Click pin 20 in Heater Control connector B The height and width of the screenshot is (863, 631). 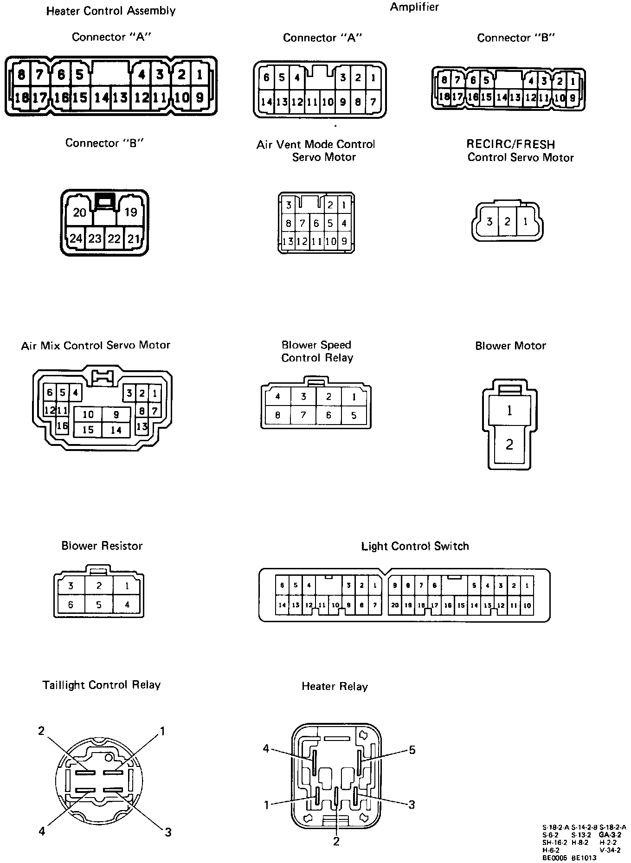pyautogui.click(x=80, y=213)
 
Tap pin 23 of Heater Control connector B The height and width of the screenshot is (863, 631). pyautogui.click(x=95, y=238)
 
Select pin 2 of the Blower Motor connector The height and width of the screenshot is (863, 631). pyautogui.click(x=509, y=444)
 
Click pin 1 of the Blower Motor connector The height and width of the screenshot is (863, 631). pyautogui.click(x=509, y=411)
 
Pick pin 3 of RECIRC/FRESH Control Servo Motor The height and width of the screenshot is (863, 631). pyautogui.click(x=489, y=222)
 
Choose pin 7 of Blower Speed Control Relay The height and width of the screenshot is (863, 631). pyautogui.click(x=303, y=415)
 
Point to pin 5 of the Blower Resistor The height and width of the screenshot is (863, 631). pyautogui.click(x=99, y=605)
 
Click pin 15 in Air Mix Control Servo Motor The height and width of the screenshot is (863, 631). pyautogui.click(x=88, y=430)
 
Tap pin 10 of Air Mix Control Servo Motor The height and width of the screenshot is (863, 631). pyautogui.click(x=88, y=414)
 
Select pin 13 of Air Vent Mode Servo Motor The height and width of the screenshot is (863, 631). pyautogui.click(x=288, y=242)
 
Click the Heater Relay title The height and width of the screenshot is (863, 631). pyautogui.click(x=335, y=687)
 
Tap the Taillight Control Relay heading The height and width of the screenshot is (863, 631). pyautogui.click(x=102, y=685)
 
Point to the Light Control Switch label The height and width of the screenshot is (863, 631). pyautogui.click(x=415, y=546)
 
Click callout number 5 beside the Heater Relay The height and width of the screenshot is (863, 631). pyautogui.click(x=412, y=750)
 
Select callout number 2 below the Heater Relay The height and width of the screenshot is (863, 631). pyautogui.click(x=336, y=841)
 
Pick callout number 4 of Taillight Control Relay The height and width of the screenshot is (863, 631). pyautogui.click(x=42, y=831)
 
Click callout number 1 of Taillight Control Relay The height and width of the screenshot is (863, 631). pyautogui.click(x=162, y=732)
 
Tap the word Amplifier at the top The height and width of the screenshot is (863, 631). pyautogui.click(x=414, y=7)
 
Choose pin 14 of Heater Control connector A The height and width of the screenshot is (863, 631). pyautogui.click(x=101, y=97)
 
